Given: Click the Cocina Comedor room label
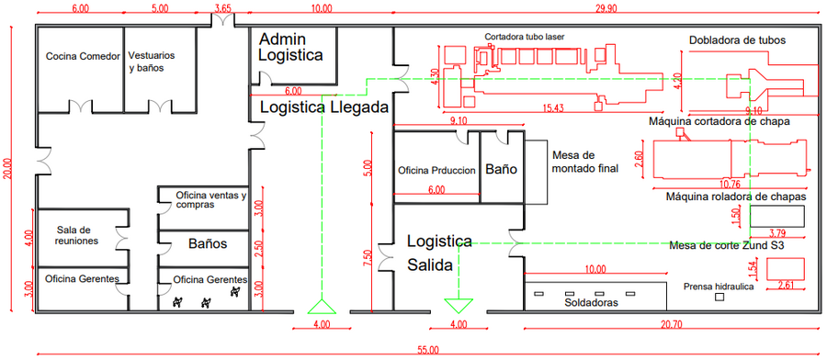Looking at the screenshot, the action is point(84,56).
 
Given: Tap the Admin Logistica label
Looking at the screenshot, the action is point(290,47).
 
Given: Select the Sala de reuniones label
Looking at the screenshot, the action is point(77,235).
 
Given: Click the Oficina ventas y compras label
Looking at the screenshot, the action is point(211,200).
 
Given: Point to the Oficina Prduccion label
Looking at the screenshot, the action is point(437,170).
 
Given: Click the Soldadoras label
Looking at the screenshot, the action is point(591,303).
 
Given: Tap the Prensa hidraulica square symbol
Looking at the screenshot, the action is point(719,298).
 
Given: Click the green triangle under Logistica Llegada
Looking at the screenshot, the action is point(322,306).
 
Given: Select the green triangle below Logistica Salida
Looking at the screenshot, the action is point(459,306).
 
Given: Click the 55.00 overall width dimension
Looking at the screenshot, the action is point(427,350).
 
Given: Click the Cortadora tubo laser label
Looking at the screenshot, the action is point(525,37).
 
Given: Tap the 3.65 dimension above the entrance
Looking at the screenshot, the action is point(223,8).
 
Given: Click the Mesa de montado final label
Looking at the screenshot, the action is point(584,162).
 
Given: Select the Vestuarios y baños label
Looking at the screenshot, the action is point(152,62).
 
